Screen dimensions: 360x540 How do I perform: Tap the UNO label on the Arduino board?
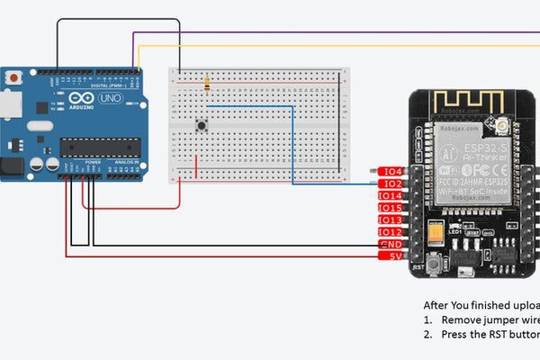pyautogui.click(x=110, y=97)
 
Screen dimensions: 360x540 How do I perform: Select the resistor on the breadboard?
pyautogui.click(x=208, y=85)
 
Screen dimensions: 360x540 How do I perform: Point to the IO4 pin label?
pyautogui.click(x=392, y=172)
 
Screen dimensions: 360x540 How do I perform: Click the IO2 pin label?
pyautogui.click(x=392, y=184)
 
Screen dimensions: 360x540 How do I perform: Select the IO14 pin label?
pyautogui.click(x=391, y=196)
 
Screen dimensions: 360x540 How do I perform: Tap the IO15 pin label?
pyautogui.click(x=391, y=208)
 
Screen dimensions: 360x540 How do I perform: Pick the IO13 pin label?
pyautogui.click(x=391, y=220)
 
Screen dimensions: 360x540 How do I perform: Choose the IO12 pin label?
pyautogui.click(x=391, y=232)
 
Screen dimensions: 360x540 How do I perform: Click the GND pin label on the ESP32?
pyautogui.click(x=391, y=245)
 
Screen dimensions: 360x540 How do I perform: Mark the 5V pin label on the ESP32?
pyautogui.click(x=394, y=256)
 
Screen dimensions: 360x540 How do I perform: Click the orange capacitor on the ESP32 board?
pyautogui.click(x=436, y=235)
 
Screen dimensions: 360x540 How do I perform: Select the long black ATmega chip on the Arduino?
pyautogui.click(x=100, y=148)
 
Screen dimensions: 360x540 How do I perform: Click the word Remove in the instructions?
pyautogui.click(x=461, y=319)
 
